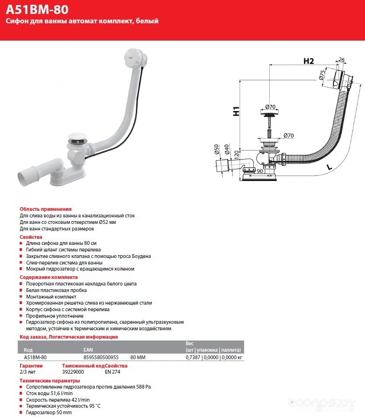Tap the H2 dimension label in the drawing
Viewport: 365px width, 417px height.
(309, 61)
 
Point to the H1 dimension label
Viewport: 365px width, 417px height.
(236, 112)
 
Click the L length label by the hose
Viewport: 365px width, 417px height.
(330, 166)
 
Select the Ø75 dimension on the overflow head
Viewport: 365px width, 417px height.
(322, 76)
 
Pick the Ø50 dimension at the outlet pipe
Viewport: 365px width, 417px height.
(216, 150)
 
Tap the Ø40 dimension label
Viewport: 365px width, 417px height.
(226, 150)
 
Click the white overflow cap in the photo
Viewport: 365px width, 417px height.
(134, 60)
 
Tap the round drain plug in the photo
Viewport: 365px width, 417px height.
(77, 138)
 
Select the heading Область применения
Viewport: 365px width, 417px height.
(45, 209)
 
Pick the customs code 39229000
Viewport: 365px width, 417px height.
(73, 372)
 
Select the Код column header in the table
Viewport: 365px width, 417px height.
(28, 350)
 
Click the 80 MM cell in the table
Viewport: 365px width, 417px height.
(139, 357)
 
